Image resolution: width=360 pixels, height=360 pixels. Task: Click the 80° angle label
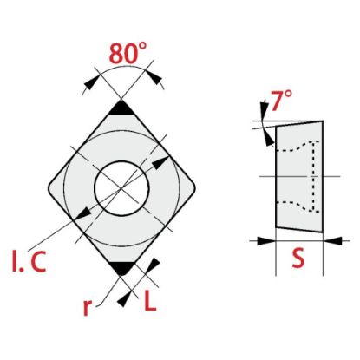coord(128,53)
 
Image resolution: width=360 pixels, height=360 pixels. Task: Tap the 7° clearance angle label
coord(281,101)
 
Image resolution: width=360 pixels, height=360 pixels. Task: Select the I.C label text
coord(29,261)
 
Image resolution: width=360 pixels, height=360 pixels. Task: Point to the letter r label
coord(87,308)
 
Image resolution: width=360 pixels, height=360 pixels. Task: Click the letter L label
coord(150,300)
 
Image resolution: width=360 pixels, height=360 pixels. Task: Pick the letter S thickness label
coord(298,258)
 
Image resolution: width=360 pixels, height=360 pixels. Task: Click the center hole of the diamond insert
coord(121,188)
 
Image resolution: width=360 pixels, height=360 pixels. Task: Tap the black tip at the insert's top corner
coord(121,109)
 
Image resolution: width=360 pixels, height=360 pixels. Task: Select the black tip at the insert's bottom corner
coord(121,268)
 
